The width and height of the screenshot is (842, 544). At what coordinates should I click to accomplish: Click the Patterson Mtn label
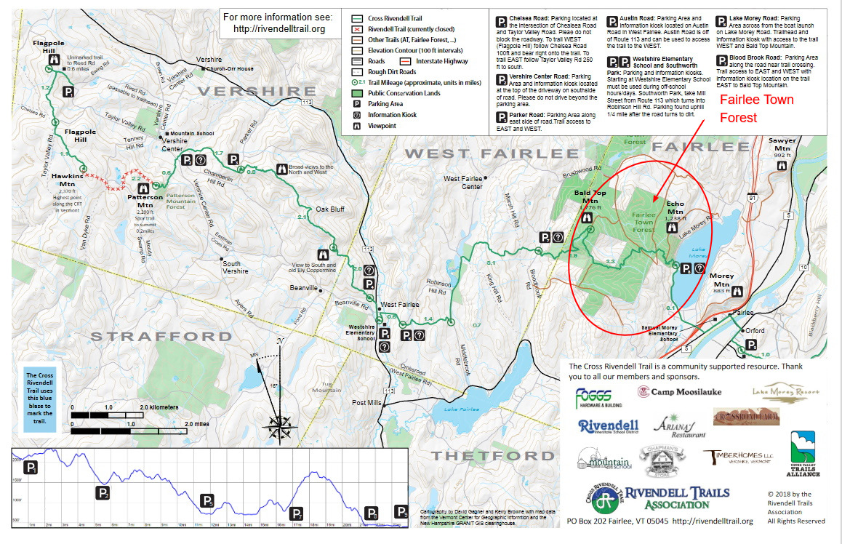(x=140, y=200)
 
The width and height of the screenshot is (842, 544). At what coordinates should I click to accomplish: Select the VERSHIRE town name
(x=247, y=91)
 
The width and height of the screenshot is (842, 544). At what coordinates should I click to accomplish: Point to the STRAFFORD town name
(x=161, y=337)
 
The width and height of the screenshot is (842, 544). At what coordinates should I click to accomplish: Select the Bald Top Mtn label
(x=590, y=196)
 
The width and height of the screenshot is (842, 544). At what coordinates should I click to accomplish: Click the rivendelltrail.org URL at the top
(x=277, y=30)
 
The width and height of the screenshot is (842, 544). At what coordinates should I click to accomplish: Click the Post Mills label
(x=368, y=403)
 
